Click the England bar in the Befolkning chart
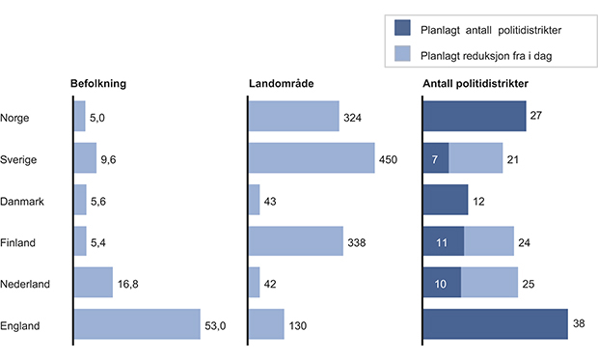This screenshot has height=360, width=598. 137,324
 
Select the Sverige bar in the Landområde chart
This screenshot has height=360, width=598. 311,158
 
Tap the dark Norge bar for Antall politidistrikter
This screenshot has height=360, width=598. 474,117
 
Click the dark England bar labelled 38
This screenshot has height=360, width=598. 495,324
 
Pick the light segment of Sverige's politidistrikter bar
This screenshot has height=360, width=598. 476,158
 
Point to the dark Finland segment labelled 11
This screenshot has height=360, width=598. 444,241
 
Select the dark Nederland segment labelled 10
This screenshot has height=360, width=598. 442,283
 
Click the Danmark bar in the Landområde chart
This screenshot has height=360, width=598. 255,200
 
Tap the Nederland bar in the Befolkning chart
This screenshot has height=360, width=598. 94,283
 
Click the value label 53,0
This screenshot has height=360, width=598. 217,325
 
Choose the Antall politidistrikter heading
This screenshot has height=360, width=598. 476,84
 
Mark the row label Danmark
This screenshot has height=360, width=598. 22,201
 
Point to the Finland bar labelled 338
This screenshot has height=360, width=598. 295,241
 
